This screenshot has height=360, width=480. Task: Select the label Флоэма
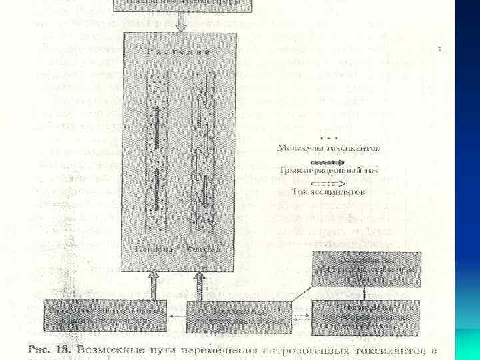[206, 249]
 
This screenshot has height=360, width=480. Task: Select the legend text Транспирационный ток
[327, 170]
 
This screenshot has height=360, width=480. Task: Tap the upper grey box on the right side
[367, 269]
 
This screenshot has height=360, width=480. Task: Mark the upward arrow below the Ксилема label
[154, 285]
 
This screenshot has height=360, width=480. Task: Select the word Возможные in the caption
[112, 349]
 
